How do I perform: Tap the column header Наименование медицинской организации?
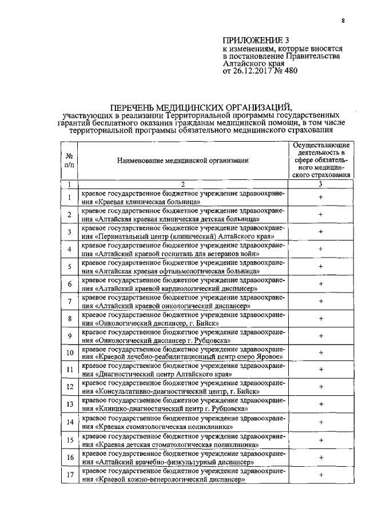183,161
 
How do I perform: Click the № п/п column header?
69,160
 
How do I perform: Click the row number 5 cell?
69,267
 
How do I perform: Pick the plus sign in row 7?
321,301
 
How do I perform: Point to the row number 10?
69,354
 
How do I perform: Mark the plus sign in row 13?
321,404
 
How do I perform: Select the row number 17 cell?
69,475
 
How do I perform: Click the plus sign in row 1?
321,197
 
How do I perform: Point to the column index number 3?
321,184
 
